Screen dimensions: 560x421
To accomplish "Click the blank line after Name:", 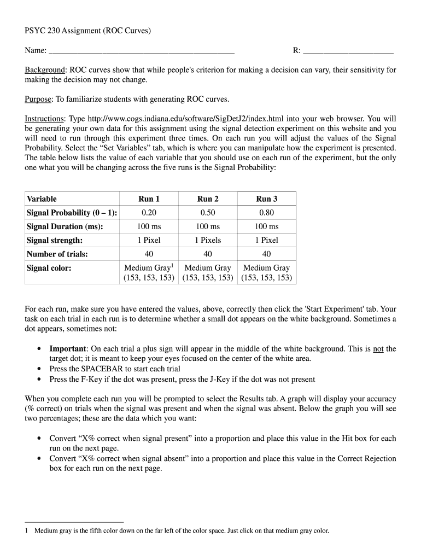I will (x=142, y=51).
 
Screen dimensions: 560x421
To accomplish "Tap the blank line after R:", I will (x=348, y=51).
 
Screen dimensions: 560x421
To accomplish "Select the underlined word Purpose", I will (x=38, y=99).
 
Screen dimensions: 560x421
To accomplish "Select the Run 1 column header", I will (x=149, y=199).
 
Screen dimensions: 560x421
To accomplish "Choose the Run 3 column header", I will (x=267, y=199).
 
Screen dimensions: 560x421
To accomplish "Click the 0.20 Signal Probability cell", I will (x=149, y=213).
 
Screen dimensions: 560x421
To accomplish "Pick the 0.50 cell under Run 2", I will (x=208, y=213).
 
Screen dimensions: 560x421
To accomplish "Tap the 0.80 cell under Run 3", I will (x=267, y=213).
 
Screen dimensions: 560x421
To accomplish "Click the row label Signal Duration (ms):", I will (x=65, y=226).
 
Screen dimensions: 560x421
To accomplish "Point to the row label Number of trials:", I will (x=57, y=254).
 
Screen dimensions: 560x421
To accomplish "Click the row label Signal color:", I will (x=49, y=268).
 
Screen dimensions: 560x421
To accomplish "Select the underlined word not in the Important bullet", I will (x=378, y=348).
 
